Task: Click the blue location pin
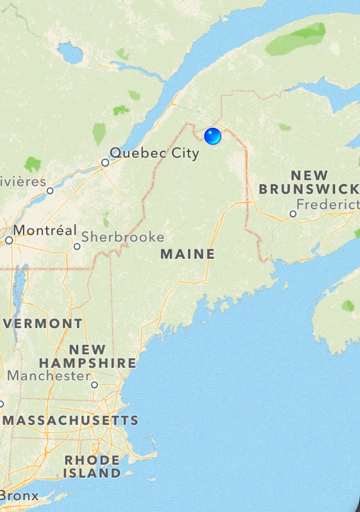coord(213,136)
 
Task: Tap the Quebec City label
coord(154,153)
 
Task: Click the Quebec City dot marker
coord(105,163)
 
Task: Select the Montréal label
coord(45,230)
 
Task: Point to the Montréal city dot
coord(9,240)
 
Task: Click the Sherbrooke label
coord(123,237)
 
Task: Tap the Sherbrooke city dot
coord(77,246)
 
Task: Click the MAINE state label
coord(188,254)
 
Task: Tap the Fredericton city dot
coord(292,214)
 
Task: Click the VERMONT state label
coord(43,324)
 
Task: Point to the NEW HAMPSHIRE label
coord(87,357)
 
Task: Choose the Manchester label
coord(48,376)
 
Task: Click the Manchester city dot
coord(94,385)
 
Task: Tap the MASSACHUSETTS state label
coord(71,420)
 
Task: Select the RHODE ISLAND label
coord(92,467)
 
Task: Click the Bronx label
coord(20,496)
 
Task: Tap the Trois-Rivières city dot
coord(50,191)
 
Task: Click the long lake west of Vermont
coord(18,293)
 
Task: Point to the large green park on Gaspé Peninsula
coord(296,39)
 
